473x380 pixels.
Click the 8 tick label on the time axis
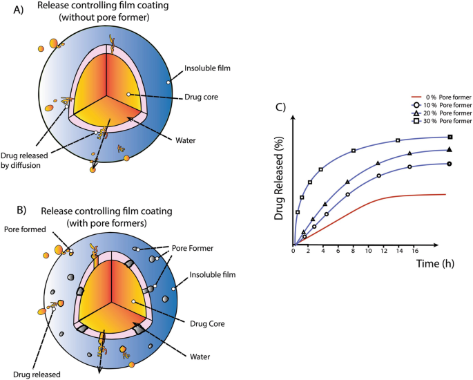pyautogui.click(x=353, y=250)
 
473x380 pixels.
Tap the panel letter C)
pyautogui.click(x=281, y=107)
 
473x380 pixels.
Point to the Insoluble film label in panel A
pyautogui.click(x=207, y=69)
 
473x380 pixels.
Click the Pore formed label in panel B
pyautogui.click(x=26, y=229)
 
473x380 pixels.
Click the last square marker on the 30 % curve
pyautogui.click(x=450, y=137)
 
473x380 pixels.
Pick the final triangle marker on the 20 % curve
pyautogui.click(x=450, y=149)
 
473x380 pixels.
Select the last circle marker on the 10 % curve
pyautogui.click(x=450, y=164)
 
